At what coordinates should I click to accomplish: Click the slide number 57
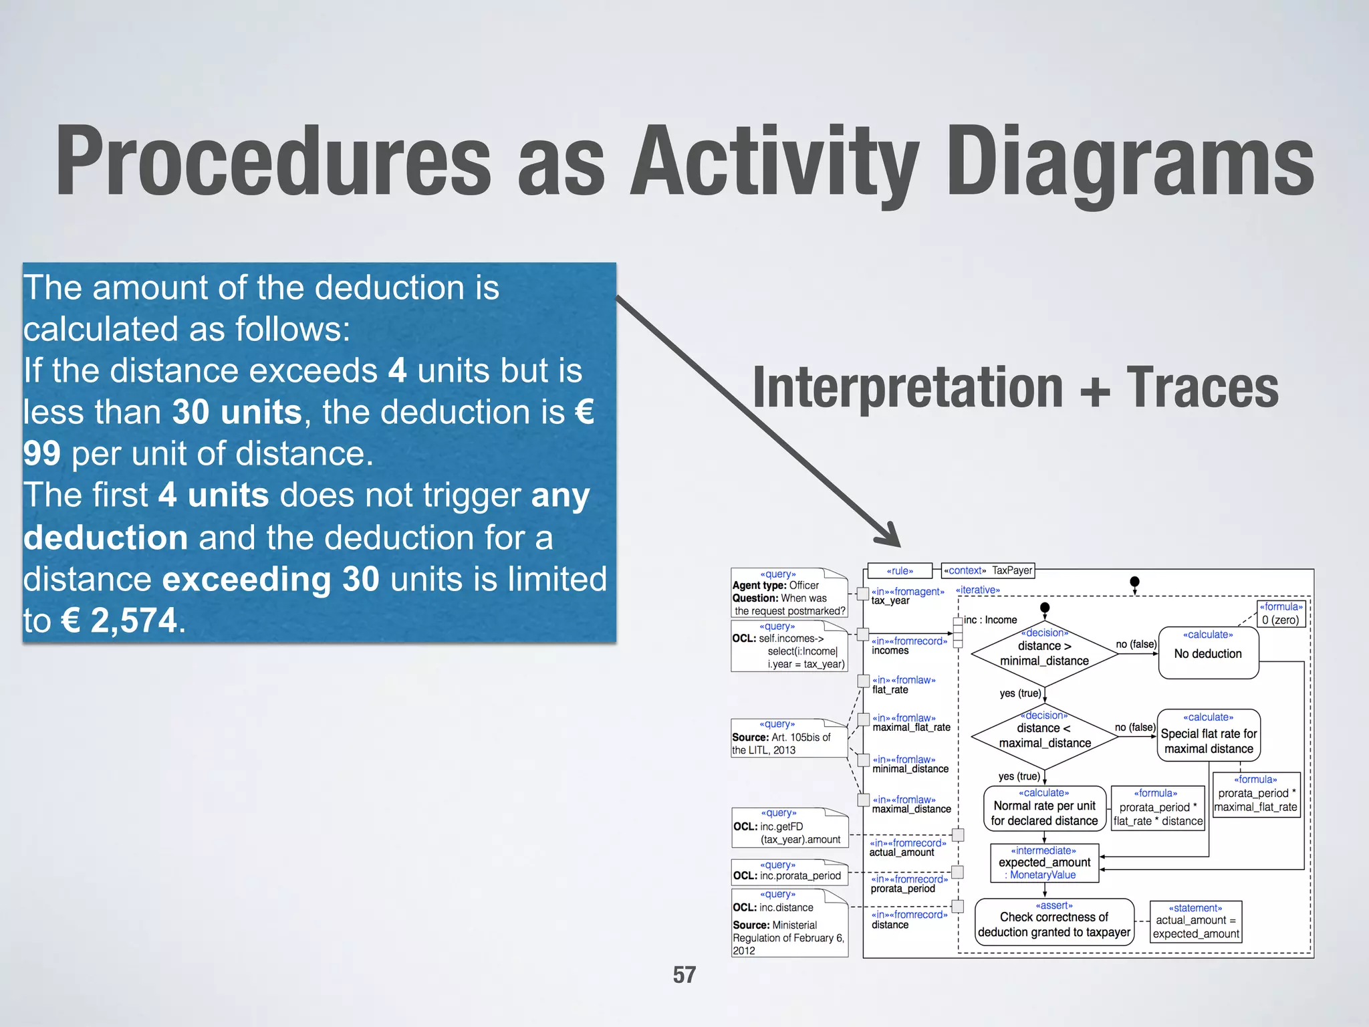tap(684, 975)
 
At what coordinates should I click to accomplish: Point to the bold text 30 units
tap(237, 412)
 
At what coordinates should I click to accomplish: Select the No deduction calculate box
tap(1208, 653)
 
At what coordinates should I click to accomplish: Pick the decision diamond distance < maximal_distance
tap(1044, 735)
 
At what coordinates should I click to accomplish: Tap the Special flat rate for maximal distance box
tap(1209, 735)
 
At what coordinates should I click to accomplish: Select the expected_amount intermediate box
tap(1044, 863)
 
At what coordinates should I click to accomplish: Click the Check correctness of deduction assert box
tap(1054, 922)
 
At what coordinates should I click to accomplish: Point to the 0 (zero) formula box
tap(1280, 614)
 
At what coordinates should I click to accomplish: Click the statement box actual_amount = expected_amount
tap(1195, 922)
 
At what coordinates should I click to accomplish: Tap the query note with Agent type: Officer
tap(789, 593)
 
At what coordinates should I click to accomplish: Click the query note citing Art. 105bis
tap(789, 738)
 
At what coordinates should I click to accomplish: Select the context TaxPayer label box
tap(988, 570)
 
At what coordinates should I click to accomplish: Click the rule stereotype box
tap(900, 571)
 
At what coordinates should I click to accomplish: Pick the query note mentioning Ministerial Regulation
tap(789, 923)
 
